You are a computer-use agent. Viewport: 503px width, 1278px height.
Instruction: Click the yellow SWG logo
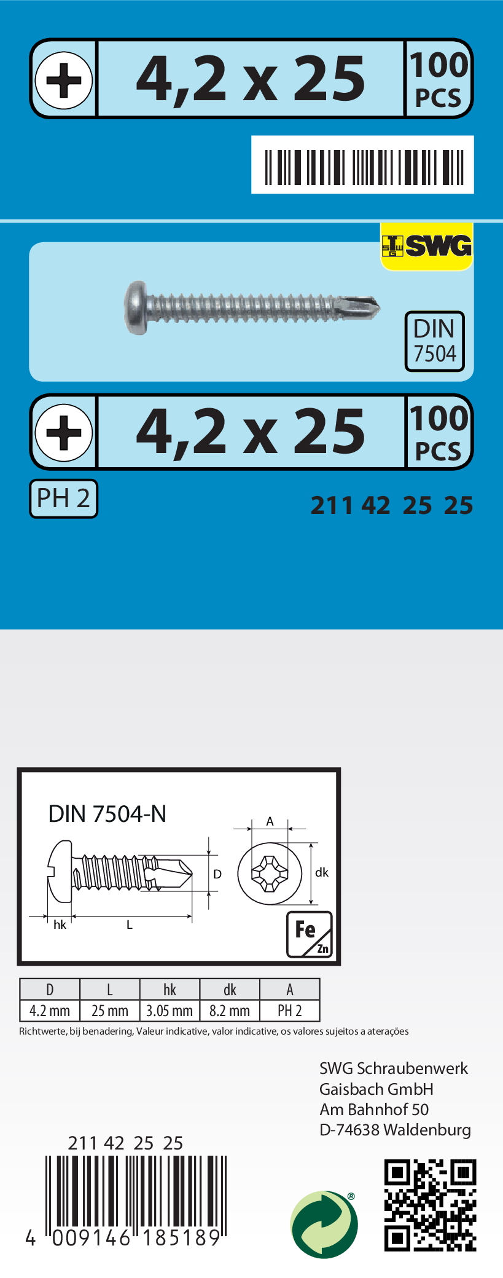(427, 246)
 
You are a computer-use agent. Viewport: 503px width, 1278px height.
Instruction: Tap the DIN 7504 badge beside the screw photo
(434, 341)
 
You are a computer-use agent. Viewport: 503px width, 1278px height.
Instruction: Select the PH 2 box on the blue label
(63, 499)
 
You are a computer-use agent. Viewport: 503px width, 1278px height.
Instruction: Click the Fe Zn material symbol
(310, 934)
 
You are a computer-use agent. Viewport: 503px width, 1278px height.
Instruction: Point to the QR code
(430, 1205)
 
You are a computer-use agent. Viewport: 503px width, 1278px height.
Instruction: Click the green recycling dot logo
(324, 1225)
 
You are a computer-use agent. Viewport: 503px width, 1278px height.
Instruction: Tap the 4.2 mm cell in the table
(50, 1011)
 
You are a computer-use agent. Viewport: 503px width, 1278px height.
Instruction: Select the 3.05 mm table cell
(170, 1011)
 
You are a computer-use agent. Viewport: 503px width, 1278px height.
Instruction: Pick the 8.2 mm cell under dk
(230, 1011)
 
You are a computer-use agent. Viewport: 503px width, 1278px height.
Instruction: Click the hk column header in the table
(170, 990)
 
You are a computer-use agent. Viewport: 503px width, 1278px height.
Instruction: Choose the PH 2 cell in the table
(290, 1011)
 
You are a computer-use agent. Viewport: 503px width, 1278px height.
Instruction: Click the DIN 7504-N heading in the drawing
(107, 814)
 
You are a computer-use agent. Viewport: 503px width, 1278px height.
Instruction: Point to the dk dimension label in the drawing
(322, 872)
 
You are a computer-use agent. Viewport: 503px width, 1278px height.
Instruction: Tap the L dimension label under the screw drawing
(130, 925)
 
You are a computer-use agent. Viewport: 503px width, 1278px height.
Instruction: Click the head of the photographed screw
(136, 307)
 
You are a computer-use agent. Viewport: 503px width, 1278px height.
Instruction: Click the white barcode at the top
(362, 165)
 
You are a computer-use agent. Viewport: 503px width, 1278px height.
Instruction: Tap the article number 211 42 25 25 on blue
(392, 505)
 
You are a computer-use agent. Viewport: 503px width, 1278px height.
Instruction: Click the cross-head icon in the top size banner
(64, 79)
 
